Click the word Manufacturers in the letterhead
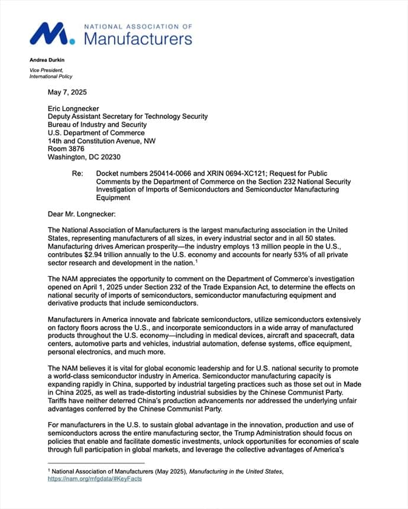tap(138, 39)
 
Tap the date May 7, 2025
tap(67, 92)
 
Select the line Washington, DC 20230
tap(84, 157)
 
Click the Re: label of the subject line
tap(77, 174)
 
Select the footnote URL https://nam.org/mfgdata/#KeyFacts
tap(95, 479)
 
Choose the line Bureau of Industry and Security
tap(97, 125)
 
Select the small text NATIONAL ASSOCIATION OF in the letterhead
tap(138, 27)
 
